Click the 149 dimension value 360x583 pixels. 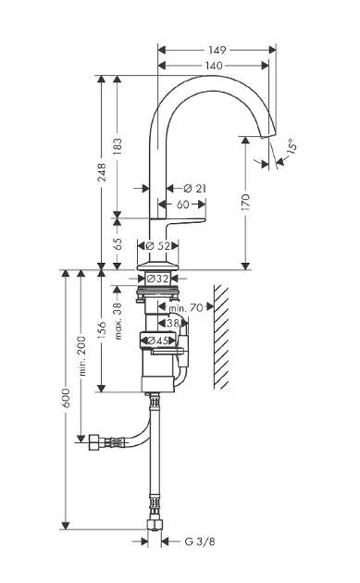click(x=217, y=50)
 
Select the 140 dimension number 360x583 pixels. click(x=214, y=66)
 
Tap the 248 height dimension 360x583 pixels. click(x=102, y=172)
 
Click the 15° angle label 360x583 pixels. click(x=292, y=146)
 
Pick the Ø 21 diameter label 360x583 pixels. click(x=195, y=189)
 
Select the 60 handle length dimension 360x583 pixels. click(x=182, y=205)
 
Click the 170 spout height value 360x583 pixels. click(x=245, y=202)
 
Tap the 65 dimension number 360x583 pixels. click(x=118, y=243)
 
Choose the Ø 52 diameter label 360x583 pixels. click(x=158, y=246)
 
